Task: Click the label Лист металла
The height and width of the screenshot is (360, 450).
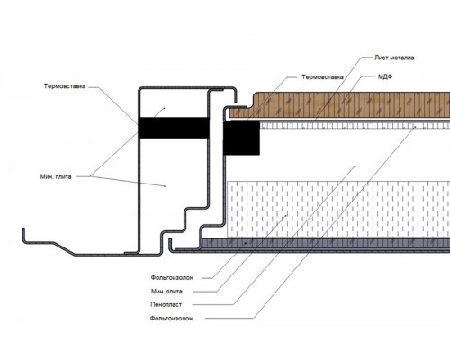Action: click(394, 58)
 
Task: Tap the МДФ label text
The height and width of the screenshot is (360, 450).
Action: click(385, 76)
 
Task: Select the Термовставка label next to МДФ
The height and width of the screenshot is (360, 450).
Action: click(322, 77)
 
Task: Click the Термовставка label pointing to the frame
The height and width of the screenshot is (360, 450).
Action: click(65, 86)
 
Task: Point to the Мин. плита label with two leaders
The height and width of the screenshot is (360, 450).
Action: click(56, 176)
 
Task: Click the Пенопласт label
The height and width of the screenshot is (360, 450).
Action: click(166, 304)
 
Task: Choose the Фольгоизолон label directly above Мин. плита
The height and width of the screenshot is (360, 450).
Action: click(172, 278)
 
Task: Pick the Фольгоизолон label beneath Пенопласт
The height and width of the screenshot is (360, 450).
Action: click(171, 319)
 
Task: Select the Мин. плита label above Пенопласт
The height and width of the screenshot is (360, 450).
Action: click(166, 292)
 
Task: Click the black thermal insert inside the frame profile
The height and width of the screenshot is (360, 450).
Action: click(174, 128)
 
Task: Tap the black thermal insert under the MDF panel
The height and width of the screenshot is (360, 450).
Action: click(241, 139)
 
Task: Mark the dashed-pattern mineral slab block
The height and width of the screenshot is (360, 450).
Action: click(338, 209)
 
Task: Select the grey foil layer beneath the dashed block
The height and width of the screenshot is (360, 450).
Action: click(327, 244)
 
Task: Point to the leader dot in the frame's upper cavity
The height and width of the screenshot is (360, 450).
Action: click(164, 108)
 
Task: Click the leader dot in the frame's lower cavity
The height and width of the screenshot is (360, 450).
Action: click(165, 186)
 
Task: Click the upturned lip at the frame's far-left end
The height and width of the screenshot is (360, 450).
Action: click(23, 234)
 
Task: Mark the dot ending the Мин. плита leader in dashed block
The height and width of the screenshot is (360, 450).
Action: click(287, 215)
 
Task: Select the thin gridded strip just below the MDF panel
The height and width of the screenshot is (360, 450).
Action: click(355, 125)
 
